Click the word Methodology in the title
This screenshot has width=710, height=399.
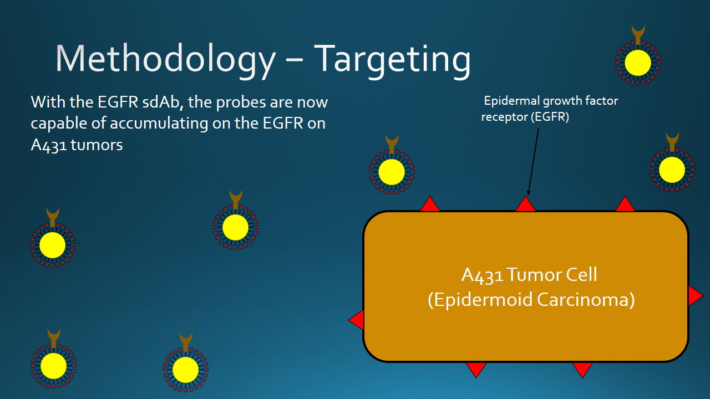[165, 59]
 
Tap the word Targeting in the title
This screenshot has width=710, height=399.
[392, 59]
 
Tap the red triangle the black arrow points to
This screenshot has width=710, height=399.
[525, 205]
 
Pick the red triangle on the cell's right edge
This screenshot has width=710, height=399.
[694, 295]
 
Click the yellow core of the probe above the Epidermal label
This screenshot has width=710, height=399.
[638, 63]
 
